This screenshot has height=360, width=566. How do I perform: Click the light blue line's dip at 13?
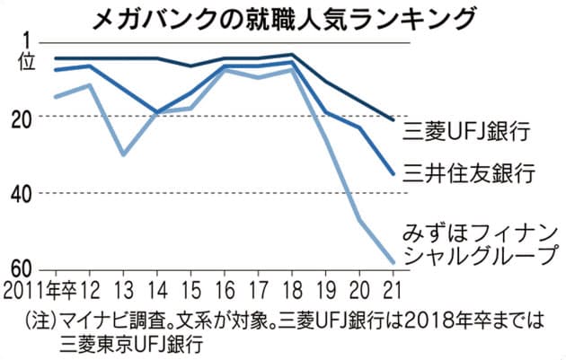click(x=123, y=155)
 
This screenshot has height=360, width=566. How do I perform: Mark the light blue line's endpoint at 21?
click(x=393, y=262)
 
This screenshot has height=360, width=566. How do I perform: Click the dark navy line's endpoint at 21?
click(x=393, y=119)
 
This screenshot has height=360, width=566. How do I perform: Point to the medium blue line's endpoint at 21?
click(x=393, y=173)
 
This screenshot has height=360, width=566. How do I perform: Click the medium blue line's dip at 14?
click(x=157, y=113)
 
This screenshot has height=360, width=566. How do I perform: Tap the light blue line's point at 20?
click(x=359, y=220)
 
